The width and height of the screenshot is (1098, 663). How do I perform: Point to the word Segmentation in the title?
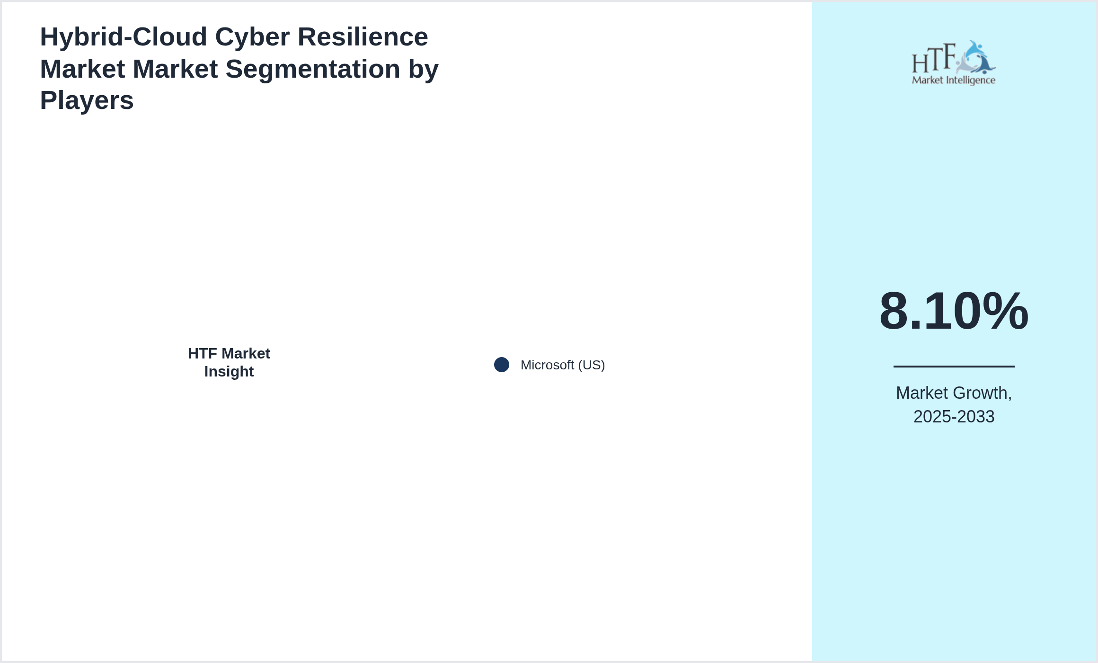[312, 69]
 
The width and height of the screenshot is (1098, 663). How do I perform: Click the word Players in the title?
[87, 100]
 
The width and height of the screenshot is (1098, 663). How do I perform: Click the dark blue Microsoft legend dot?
[502, 365]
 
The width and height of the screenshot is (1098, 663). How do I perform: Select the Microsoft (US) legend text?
[562, 365]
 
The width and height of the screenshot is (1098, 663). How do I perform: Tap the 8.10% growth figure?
[954, 311]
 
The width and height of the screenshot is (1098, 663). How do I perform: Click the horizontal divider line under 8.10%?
[954, 366]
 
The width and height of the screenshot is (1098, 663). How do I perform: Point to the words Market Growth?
[954, 393]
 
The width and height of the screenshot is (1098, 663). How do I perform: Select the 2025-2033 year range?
[954, 417]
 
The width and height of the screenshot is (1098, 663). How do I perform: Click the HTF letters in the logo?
[933, 59]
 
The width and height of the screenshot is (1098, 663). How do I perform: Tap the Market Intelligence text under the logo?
[954, 80]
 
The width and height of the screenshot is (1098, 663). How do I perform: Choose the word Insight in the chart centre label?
[229, 372]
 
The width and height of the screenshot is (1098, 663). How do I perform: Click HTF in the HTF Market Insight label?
[202, 354]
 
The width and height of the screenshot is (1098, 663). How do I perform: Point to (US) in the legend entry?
[591, 365]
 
